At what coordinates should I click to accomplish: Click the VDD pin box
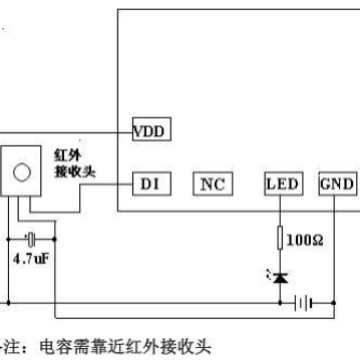point(153,130)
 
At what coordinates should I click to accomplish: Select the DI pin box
point(150,184)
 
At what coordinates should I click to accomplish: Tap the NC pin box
point(211,184)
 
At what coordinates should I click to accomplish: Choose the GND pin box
point(337,184)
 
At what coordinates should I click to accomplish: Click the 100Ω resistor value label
point(305,240)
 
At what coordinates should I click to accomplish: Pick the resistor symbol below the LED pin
point(281,238)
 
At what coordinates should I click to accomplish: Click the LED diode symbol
point(281,275)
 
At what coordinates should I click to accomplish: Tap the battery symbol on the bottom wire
point(317,300)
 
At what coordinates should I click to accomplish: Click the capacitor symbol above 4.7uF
point(33,239)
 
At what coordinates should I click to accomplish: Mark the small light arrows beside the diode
point(265,271)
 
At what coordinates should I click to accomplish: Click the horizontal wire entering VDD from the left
point(70,131)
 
